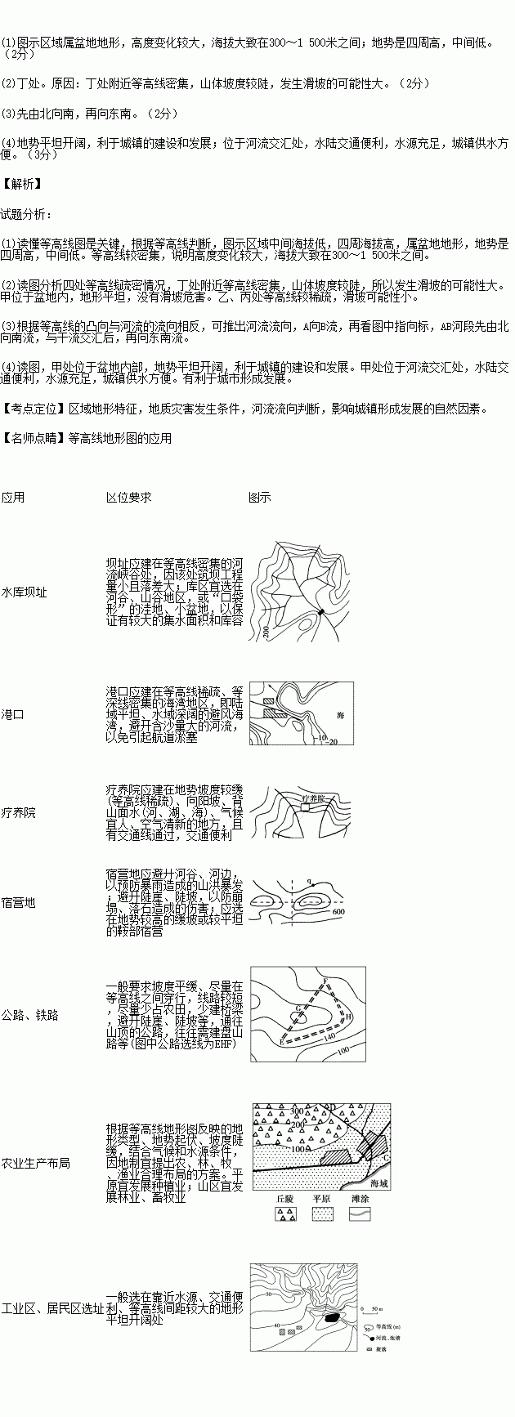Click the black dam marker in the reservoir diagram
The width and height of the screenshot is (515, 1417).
coord(321,611)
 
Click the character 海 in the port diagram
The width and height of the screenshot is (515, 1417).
coord(341,714)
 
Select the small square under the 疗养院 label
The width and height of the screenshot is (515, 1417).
coord(305,806)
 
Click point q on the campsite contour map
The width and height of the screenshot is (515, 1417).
coord(310,883)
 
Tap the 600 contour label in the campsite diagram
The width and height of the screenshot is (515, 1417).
coord(339,912)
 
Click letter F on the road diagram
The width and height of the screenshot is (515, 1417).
coord(325,981)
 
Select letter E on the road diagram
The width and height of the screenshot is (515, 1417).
coord(281,1044)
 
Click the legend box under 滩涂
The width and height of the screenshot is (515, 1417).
coord(360,1214)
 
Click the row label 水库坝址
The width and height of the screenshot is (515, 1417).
coord(25,592)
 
